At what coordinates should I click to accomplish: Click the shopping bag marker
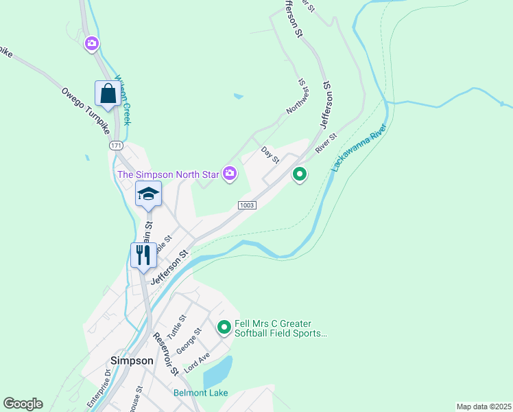108,93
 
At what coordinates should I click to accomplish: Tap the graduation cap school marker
148,194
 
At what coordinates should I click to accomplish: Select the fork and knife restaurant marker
143,255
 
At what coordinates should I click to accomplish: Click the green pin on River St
299,175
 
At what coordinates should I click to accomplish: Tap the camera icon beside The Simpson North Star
230,175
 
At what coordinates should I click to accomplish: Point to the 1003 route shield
247,205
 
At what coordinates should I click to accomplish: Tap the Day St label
270,154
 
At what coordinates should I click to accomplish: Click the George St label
189,341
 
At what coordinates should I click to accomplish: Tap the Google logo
23,404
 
